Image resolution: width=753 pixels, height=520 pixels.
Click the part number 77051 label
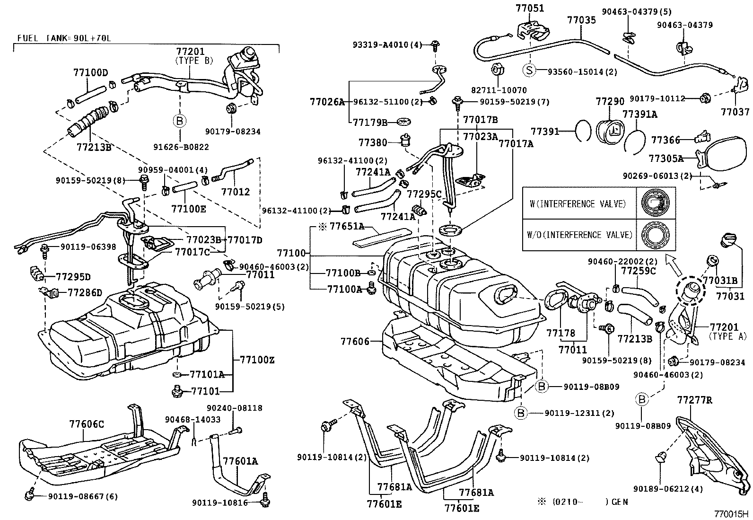point(529,8)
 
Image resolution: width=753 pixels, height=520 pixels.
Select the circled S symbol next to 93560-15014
point(529,71)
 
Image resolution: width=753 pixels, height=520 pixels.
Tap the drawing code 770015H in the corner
point(732,513)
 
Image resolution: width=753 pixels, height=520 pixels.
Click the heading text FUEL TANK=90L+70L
point(64,37)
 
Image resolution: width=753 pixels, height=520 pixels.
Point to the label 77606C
point(87,424)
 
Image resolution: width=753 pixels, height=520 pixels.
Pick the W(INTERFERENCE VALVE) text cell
point(578,204)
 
